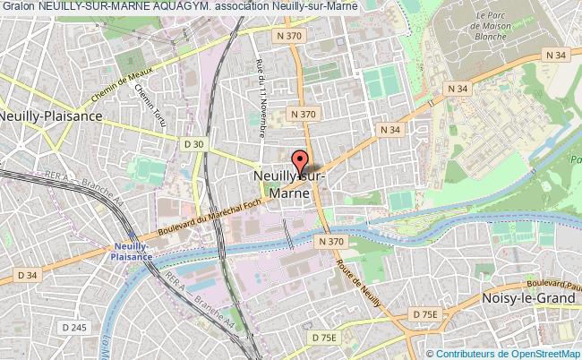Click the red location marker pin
pos(298,162)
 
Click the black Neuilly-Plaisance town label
pos(52,116)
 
